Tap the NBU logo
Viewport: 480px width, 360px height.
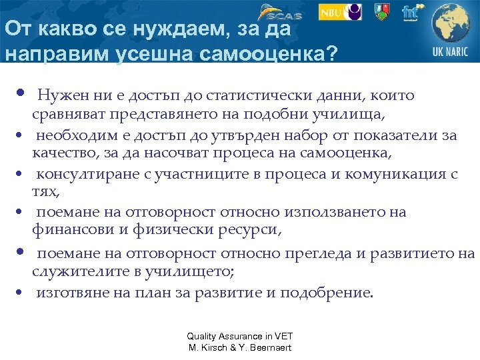pos(340,12)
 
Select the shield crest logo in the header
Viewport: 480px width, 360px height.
pos(381,12)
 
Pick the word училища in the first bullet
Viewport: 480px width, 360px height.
pos(350,114)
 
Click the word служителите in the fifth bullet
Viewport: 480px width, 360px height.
pos(73,272)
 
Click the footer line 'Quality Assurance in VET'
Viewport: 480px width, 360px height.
pos(239,337)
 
